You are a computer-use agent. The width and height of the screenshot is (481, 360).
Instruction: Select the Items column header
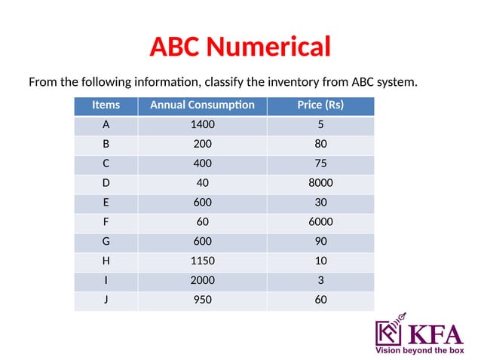point(105,105)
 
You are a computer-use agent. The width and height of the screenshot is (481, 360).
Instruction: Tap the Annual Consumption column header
point(202,105)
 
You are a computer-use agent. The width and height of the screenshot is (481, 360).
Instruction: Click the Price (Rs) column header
point(320,105)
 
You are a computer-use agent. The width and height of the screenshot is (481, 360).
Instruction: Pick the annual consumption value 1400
point(202,125)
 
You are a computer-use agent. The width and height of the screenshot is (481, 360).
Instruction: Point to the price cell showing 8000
point(320,182)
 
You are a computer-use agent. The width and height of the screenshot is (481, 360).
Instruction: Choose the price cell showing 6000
point(320,221)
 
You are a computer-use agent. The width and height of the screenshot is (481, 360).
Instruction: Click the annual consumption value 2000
point(202,280)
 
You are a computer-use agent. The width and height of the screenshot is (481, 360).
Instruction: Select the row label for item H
point(105,261)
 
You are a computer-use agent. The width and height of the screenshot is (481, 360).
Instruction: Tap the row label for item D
point(105,182)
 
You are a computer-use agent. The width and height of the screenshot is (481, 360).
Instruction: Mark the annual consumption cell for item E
point(202,202)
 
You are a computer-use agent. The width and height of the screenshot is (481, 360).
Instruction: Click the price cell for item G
point(320,241)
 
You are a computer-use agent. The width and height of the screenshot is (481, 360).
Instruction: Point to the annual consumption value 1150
point(202,261)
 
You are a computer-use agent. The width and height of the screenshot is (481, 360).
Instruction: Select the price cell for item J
point(320,300)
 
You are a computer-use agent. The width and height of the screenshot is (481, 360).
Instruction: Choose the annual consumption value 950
point(202,300)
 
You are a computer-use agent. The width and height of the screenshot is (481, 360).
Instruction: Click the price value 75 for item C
point(320,163)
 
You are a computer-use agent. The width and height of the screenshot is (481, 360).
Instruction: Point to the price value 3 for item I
point(320,280)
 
